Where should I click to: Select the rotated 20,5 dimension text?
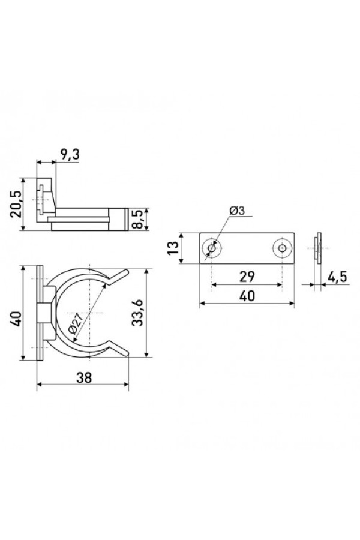coord(16,204)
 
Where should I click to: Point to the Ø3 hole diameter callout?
coord(236,211)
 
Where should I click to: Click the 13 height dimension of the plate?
coord(173,248)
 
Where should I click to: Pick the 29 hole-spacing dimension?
coord(247,276)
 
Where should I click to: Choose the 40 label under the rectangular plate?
coord(247,295)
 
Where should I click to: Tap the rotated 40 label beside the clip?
coord(16,319)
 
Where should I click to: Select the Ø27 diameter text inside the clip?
coord(76,325)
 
